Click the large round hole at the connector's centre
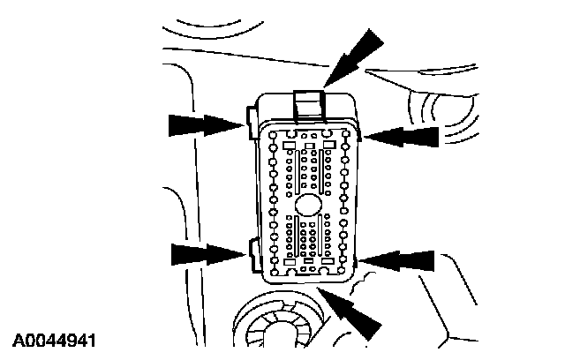pos(306,203)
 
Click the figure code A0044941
pos(54,339)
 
